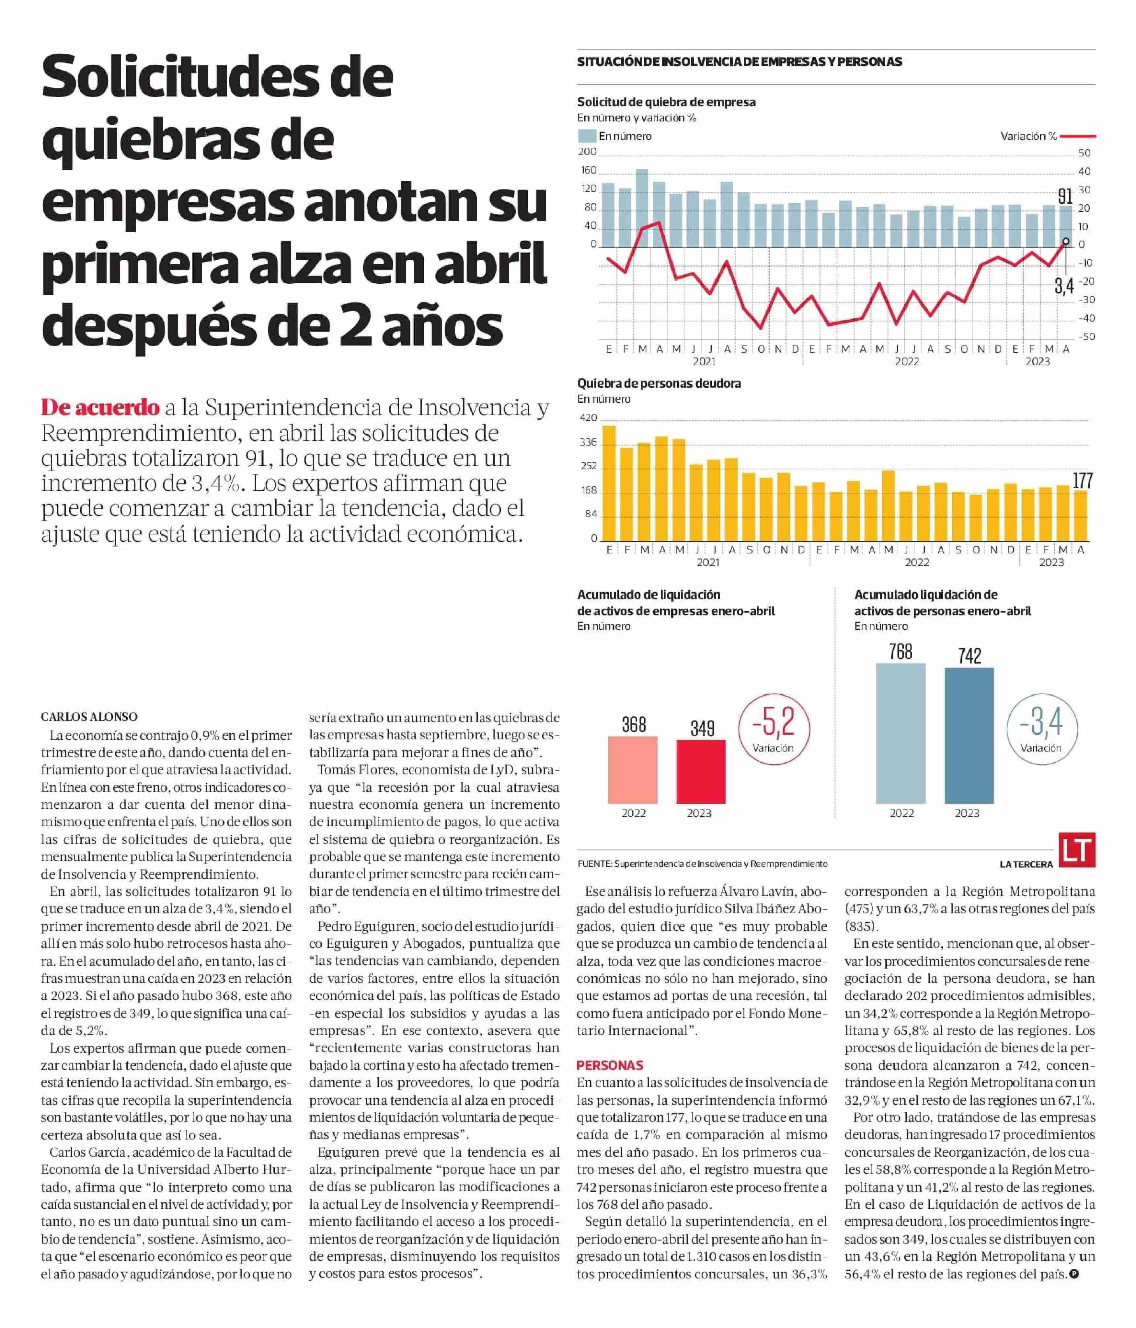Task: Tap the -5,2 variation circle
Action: click(x=774, y=729)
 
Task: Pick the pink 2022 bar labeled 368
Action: click(x=633, y=770)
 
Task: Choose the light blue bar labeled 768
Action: click(x=901, y=733)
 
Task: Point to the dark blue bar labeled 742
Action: click(x=969, y=736)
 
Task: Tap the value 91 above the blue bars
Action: click(x=1065, y=196)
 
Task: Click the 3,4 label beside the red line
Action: click(x=1064, y=286)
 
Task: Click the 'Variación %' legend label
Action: click(x=1028, y=136)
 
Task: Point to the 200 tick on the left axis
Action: click(x=587, y=152)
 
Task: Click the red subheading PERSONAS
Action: click(x=610, y=1065)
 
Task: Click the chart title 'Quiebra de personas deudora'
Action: click(x=659, y=383)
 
